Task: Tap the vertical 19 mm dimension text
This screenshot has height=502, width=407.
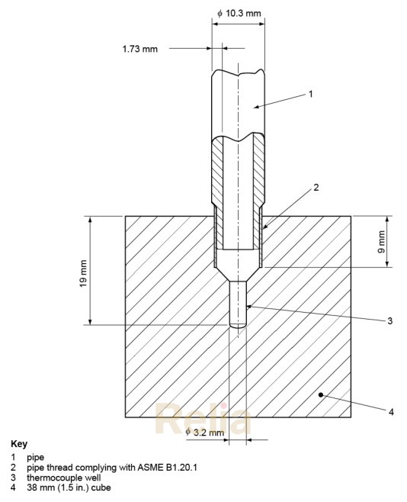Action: coord(83,272)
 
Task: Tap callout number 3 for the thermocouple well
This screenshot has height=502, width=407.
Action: coord(389,321)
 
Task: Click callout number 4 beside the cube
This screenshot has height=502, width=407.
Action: coord(391,412)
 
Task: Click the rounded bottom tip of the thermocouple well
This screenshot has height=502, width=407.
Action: coord(238,326)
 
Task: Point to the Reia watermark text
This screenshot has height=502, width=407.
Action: coord(203,418)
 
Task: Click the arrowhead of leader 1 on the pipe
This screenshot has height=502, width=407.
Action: coord(254,105)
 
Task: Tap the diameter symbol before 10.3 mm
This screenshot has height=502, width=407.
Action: coord(220,14)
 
